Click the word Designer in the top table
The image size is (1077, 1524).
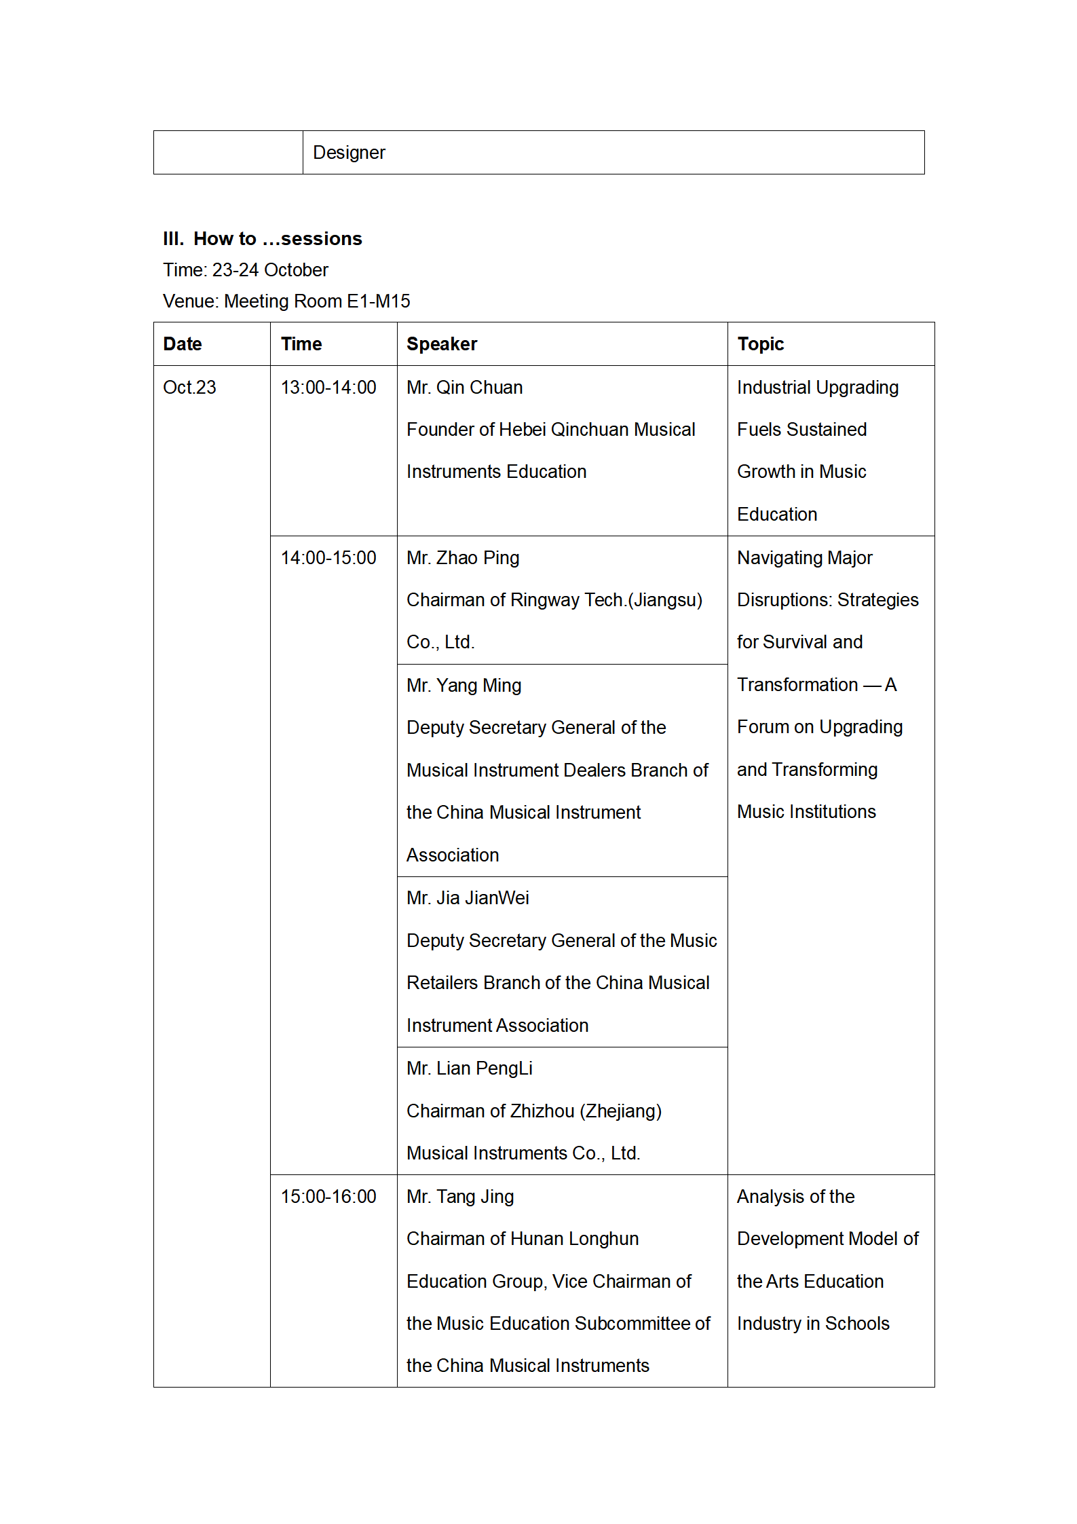(349, 153)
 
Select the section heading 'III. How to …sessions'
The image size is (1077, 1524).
(262, 239)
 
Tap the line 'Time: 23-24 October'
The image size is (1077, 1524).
(245, 270)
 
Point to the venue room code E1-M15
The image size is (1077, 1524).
(378, 301)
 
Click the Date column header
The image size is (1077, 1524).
(183, 344)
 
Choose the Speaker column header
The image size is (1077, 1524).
(442, 344)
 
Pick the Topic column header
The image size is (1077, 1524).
(760, 344)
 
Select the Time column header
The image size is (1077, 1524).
(301, 344)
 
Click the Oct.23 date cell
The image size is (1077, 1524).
(189, 388)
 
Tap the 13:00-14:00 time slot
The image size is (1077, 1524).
(328, 388)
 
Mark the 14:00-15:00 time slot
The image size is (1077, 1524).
(328, 558)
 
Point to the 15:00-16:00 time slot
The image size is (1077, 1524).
(328, 1197)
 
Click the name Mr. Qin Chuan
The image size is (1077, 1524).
(464, 388)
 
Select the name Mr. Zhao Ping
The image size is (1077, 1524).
(463, 558)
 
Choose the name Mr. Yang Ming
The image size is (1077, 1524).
(464, 686)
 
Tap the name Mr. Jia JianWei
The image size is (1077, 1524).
(468, 898)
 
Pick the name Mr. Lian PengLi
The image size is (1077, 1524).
(469, 1068)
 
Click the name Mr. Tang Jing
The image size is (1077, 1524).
(460, 1197)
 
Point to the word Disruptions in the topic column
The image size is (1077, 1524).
(784, 600)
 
